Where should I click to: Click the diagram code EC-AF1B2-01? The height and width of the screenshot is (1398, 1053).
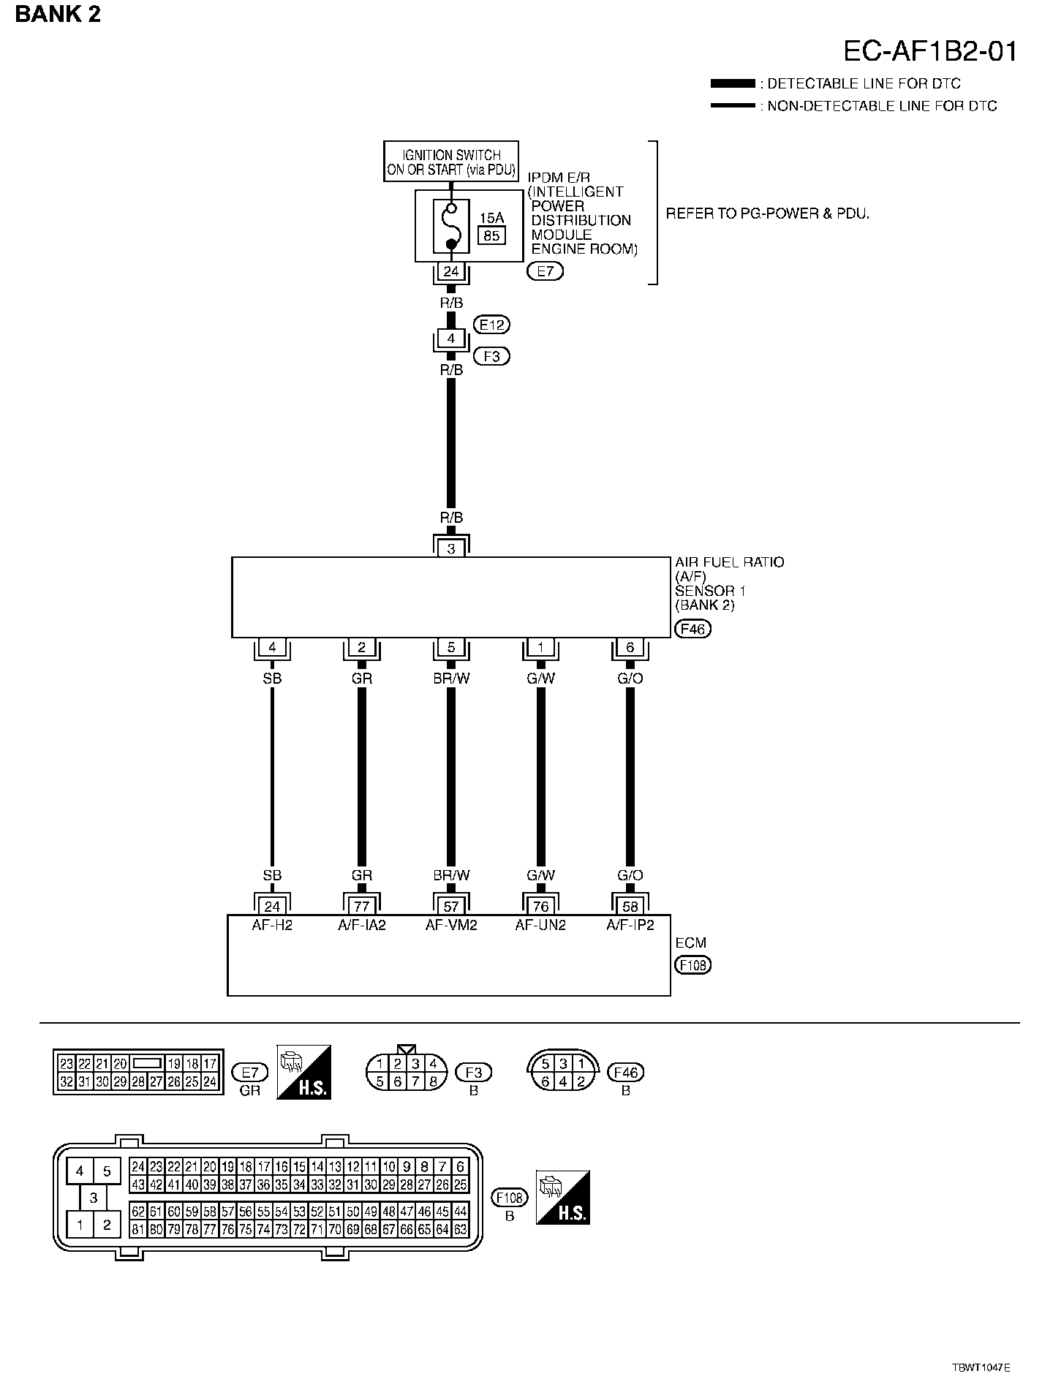pyautogui.click(x=929, y=51)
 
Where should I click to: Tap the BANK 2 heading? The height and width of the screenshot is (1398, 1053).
pyautogui.click(x=58, y=14)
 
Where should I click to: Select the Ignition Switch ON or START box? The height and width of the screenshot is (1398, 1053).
pyautogui.click(x=451, y=162)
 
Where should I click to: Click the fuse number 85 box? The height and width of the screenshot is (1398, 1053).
pyautogui.click(x=491, y=235)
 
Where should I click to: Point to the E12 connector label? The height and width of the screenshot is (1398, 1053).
pyautogui.click(x=491, y=324)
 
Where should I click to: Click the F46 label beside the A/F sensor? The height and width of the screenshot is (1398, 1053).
pyautogui.click(x=692, y=629)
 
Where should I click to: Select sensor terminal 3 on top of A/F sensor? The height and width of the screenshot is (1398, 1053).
pyautogui.click(x=451, y=548)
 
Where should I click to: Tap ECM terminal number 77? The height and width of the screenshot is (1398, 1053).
pyautogui.click(x=361, y=907)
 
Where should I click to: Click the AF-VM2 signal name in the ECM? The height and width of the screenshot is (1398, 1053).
pyautogui.click(x=451, y=925)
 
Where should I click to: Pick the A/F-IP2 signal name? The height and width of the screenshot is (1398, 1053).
pyautogui.click(x=630, y=925)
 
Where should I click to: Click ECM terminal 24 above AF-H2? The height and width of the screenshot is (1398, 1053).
pyautogui.click(x=272, y=907)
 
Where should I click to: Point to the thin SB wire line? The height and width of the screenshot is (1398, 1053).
pyautogui.click(x=272, y=775)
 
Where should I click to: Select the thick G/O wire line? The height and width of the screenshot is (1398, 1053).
pyautogui.click(x=630, y=775)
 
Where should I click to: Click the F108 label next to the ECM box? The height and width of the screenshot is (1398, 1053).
pyautogui.click(x=692, y=965)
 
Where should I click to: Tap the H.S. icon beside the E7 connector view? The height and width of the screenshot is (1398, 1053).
pyautogui.click(x=304, y=1072)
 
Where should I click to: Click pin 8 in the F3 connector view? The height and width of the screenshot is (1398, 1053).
pyautogui.click(x=433, y=1081)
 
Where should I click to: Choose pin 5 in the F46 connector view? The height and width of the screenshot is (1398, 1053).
pyautogui.click(x=545, y=1064)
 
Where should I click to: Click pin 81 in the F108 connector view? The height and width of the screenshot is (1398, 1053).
pyautogui.click(x=138, y=1230)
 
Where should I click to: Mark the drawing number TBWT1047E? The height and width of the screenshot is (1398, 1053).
pyautogui.click(x=981, y=1367)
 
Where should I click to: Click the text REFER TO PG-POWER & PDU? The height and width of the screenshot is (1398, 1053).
pyautogui.click(x=767, y=214)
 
